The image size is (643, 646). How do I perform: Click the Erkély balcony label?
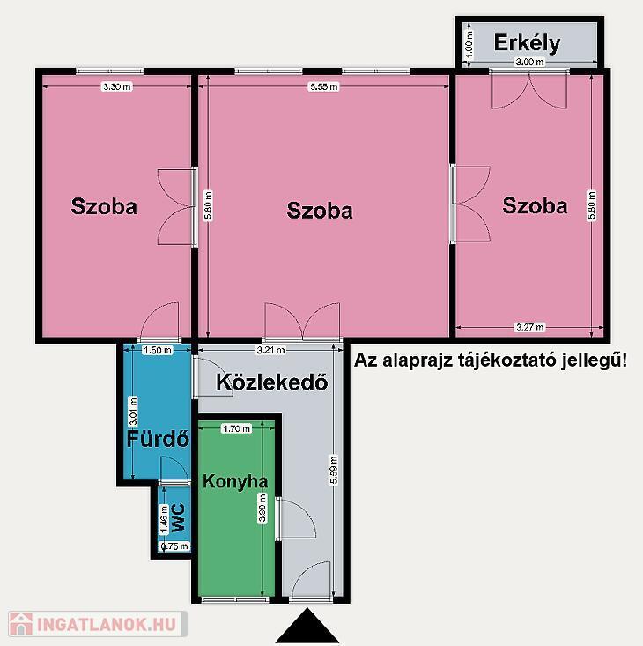pos(527,43)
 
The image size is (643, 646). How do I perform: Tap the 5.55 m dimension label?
pos(324,86)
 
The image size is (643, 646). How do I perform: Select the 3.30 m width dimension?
pos(117,86)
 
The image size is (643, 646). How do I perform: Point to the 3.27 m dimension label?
pos(530,328)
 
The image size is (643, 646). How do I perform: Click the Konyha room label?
pos(235,481)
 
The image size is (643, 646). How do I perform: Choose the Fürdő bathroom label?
pos(158,439)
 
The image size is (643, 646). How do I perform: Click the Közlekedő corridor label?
pos(272,382)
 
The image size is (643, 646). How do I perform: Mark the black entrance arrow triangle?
pos(307,627)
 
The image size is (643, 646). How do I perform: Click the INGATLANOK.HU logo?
pos(98,624)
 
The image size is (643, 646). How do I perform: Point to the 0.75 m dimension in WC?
pos(174,546)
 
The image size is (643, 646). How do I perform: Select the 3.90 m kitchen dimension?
pos(262,508)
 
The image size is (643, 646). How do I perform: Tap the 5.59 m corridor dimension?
pos(334,470)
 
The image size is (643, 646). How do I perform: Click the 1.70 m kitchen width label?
pos(236,429)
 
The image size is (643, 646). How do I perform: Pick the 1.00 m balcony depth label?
pos(468,44)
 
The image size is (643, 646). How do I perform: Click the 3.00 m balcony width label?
pos(529,63)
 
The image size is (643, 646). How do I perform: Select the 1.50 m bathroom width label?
pos(158,350)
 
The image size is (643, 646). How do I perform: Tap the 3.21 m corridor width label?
pos(270,350)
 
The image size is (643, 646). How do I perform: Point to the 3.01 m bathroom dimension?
pos(133,412)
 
